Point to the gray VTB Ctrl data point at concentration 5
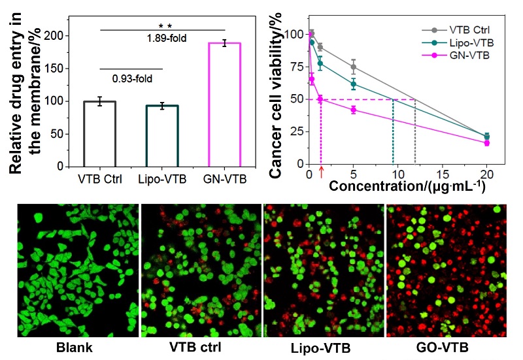pyautogui.click(x=354, y=67)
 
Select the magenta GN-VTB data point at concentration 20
pyautogui.click(x=486, y=142)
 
